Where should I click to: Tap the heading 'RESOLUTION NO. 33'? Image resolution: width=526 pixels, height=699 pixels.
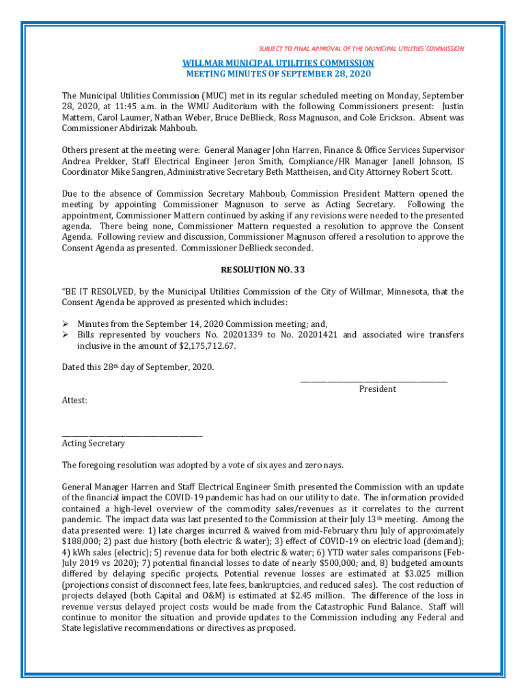pyautogui.click(x=262, y=270)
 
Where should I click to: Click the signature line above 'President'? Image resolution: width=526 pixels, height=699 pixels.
pyautogui.click(x=374, y=380)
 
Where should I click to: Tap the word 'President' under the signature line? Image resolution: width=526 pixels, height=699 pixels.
pyautogui.click(x=378, y=389)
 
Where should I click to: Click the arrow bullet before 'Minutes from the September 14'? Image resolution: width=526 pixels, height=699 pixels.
pyautogui.click(x=66, y=324)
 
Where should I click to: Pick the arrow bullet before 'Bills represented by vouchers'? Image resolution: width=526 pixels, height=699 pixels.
pyautogui.click(x=66, y=335)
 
